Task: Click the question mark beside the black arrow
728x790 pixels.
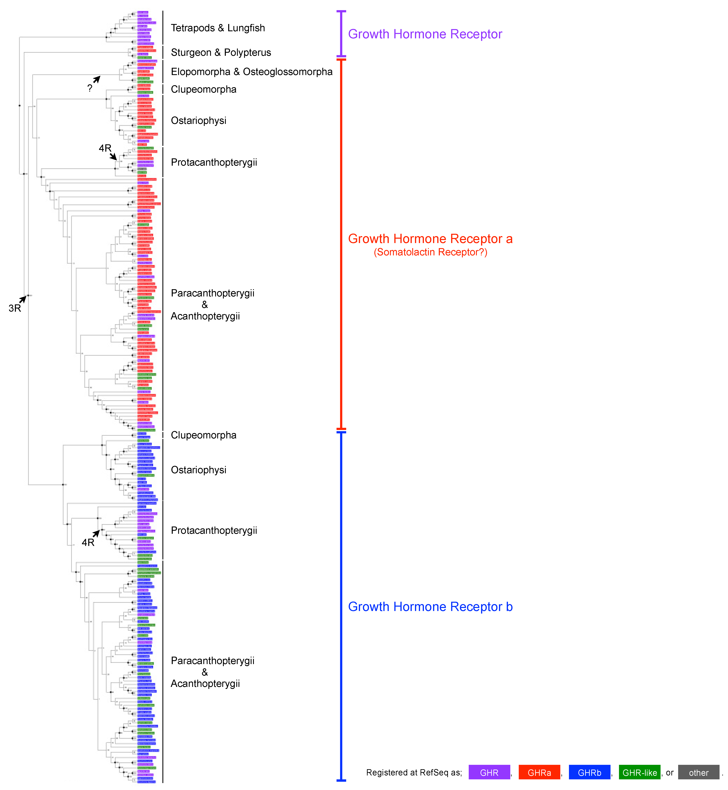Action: tap(90, 88)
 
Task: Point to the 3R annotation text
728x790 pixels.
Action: tap(15, 308)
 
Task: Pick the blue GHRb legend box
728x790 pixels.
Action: tap(589, 772)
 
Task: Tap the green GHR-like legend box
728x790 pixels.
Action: tap(639, 772)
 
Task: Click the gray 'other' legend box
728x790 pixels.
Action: tap(698, 772)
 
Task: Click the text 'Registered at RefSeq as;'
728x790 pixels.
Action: tap(414, 772)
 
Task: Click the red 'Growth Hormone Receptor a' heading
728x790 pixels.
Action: tap(430, 239)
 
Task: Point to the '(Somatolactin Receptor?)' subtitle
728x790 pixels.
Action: tap(430, 252)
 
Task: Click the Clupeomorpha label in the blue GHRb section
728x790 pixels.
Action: tap(203, 435)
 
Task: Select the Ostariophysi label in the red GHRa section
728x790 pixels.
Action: tap(199, 121)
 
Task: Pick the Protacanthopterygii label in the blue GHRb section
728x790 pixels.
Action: tap(214, 531)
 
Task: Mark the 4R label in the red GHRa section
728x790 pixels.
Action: tap(105, 148)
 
